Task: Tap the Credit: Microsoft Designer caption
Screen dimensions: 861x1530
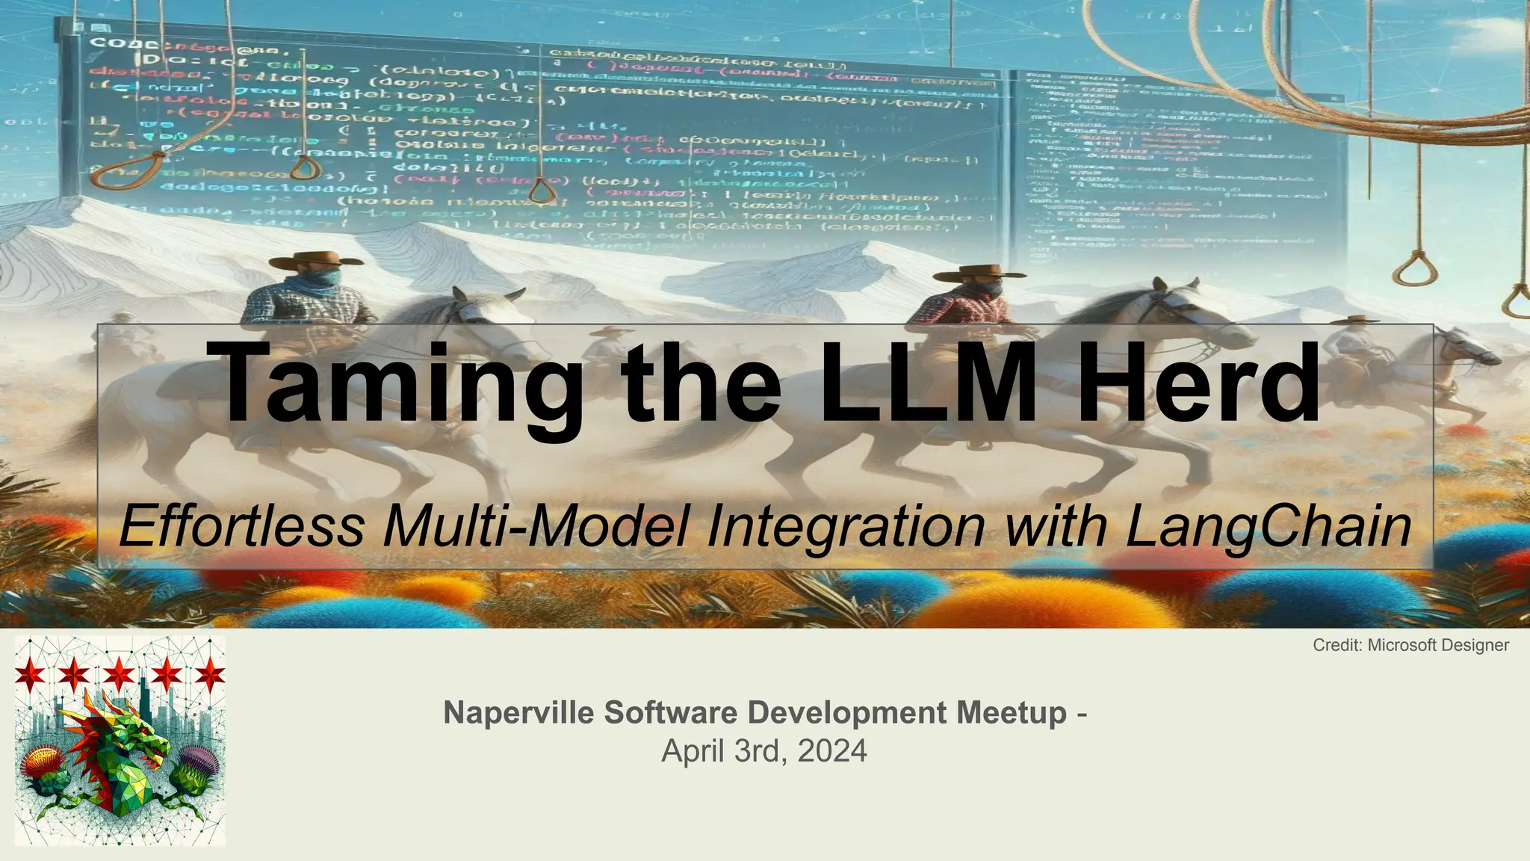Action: pyautogui.click(x=1410, y=645)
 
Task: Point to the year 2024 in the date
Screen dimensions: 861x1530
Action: pyautogui.click(x=832, y=750)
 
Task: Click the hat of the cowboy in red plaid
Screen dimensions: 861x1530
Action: pyautogui.click(x=969, y=273)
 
